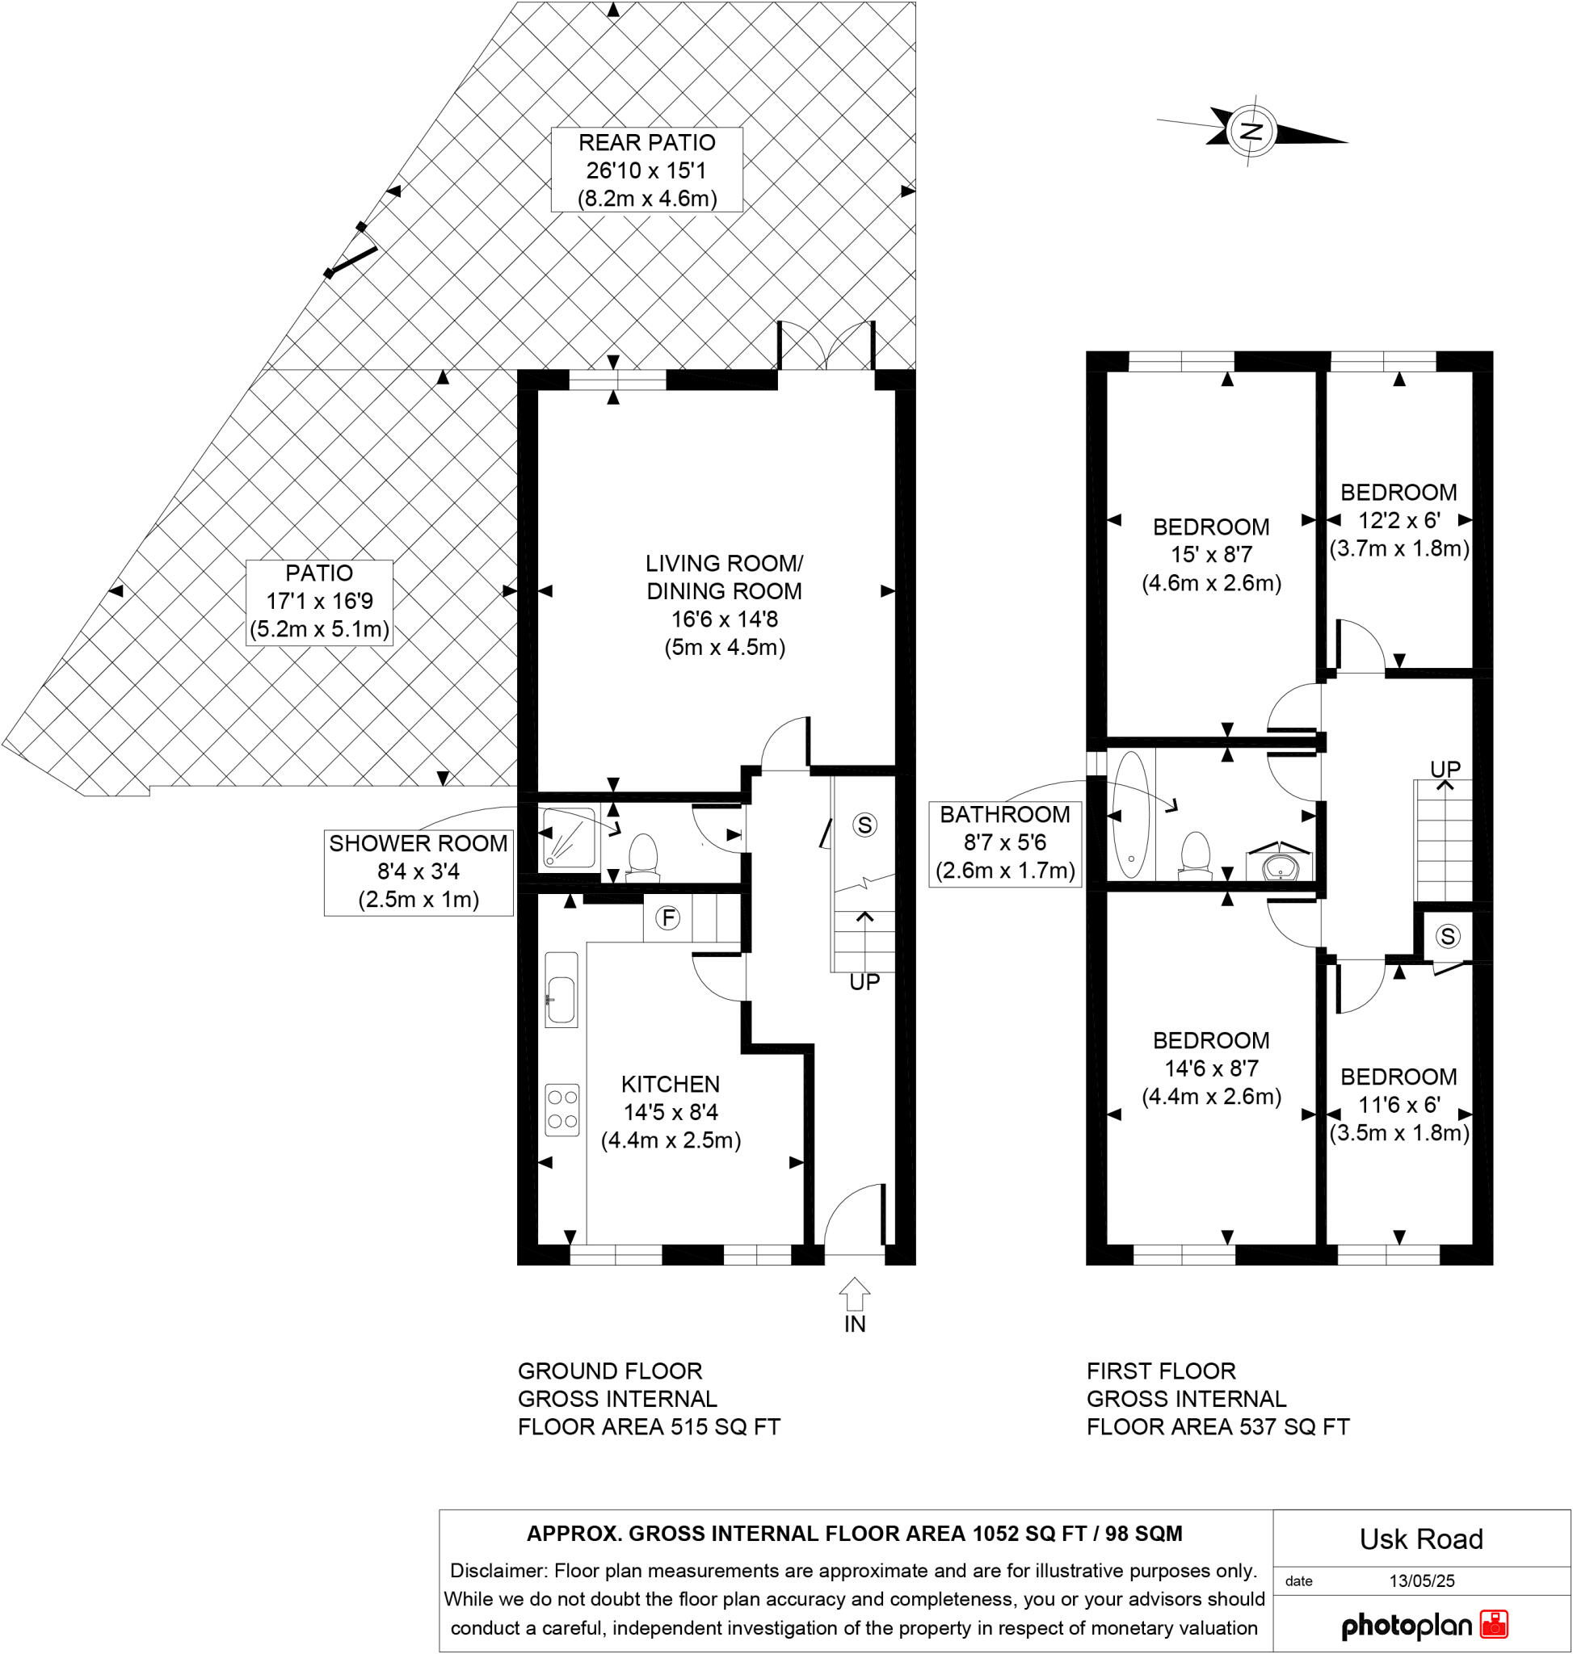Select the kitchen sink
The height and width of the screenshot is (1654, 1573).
click(561, 989)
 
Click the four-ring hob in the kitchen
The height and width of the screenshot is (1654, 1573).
click(561, 1110)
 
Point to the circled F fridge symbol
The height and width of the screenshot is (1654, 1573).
click(668, 918)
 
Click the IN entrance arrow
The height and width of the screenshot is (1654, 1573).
click(855, 1295)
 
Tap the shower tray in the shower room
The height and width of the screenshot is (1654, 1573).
click(569, 836)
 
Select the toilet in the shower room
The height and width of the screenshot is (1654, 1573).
click(643, 856)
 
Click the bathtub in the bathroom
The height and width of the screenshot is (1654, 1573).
click(1130, 814)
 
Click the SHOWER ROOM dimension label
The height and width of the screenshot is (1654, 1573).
click(418, 872)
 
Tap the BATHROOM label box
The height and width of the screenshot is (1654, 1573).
click(1004, 842)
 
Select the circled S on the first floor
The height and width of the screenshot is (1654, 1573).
click(1448, 935)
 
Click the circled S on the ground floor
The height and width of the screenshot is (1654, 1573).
click(864, 825)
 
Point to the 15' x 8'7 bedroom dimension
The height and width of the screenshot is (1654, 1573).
click(1211, 554)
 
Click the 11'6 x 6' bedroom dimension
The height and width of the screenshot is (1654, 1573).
click(1398, 1104)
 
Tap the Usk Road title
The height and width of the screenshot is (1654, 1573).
click(1421, 1539)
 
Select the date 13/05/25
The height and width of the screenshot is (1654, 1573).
click(1421, 1581)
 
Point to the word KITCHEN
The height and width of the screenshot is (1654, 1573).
click(670, 1084)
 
